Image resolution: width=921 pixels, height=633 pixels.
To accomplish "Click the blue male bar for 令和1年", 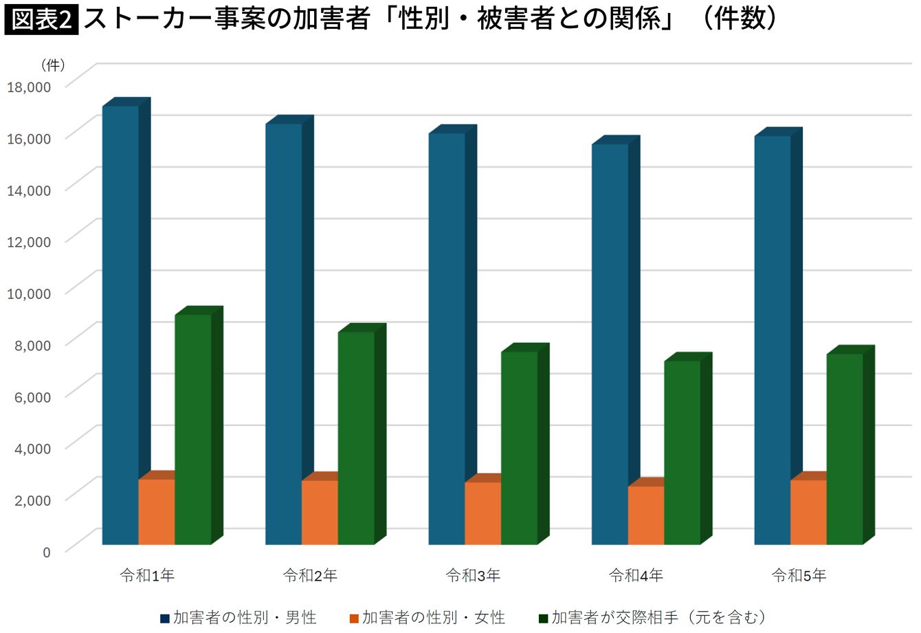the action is (x=120, y=324).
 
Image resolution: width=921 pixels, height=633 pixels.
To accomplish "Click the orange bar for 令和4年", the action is (x=646, y=515).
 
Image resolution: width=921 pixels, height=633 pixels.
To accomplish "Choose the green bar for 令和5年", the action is (x=845, y=449).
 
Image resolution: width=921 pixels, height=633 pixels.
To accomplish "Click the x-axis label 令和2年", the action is (x=310, y=575).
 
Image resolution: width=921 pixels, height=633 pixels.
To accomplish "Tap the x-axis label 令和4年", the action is (x=636, y=575).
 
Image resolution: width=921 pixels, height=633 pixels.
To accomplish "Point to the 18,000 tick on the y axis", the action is (x=29, y=87).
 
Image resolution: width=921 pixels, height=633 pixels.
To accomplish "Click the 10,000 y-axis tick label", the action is (x=29, y=293).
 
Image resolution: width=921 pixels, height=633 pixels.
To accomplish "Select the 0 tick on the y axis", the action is (x=47, y=552).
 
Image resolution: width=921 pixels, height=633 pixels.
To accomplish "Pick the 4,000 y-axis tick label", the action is (x=32, y=448).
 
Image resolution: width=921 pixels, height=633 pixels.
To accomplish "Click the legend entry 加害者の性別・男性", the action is (x=238, y=618).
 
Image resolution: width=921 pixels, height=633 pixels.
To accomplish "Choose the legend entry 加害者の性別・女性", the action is (x=428, y=618).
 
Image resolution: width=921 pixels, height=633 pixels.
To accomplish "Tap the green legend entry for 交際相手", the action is (x=652, y=618).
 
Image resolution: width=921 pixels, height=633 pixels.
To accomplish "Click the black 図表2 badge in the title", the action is (x=41, y=20).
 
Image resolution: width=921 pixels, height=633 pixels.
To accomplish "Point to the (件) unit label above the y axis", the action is (x=53, y=65).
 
